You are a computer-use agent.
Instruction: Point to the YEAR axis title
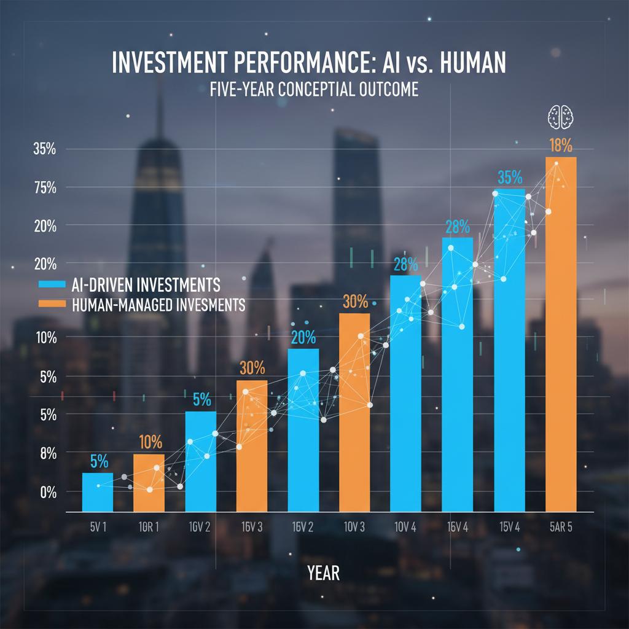[322, 573]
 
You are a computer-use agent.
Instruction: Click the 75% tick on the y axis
[45, 188]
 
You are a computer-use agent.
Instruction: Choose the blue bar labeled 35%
[509, 350]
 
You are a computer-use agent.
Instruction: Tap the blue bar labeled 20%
[303, 430]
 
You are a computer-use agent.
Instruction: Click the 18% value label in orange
[560, 146]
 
